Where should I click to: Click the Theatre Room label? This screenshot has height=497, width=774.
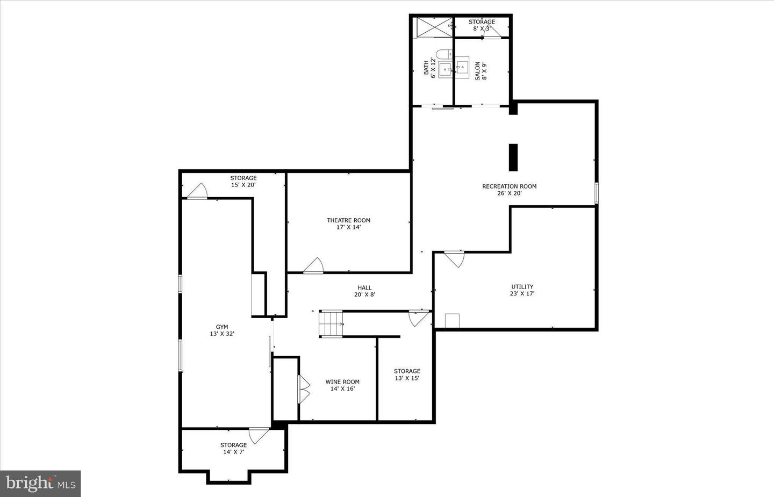point(348,220)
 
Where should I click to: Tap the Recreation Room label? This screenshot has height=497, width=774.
point(510,186)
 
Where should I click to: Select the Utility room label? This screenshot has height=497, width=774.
point(522,287)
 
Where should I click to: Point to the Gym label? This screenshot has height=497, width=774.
point(222,327)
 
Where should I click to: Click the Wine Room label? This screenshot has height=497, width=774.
point(342,381)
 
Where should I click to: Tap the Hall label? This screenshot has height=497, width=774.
point(364,287)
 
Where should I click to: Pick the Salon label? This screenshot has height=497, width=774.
point(477,71)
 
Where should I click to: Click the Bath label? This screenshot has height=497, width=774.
point(426,67)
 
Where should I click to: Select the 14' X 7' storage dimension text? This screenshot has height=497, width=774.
point(234,452)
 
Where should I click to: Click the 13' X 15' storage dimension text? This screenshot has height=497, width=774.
point(407,378)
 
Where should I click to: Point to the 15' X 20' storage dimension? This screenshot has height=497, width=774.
point(243,185)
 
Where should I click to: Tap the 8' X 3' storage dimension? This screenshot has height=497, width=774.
point(482,28)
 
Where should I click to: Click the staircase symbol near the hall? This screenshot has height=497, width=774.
point(331,323)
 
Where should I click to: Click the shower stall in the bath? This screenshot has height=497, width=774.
point(434,27)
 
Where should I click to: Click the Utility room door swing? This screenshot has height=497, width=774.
point(455,259)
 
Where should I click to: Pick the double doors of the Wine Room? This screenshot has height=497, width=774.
point(304,389)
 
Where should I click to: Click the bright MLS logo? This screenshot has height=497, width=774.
point(40,484)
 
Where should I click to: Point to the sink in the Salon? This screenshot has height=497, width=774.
point(462,67)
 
